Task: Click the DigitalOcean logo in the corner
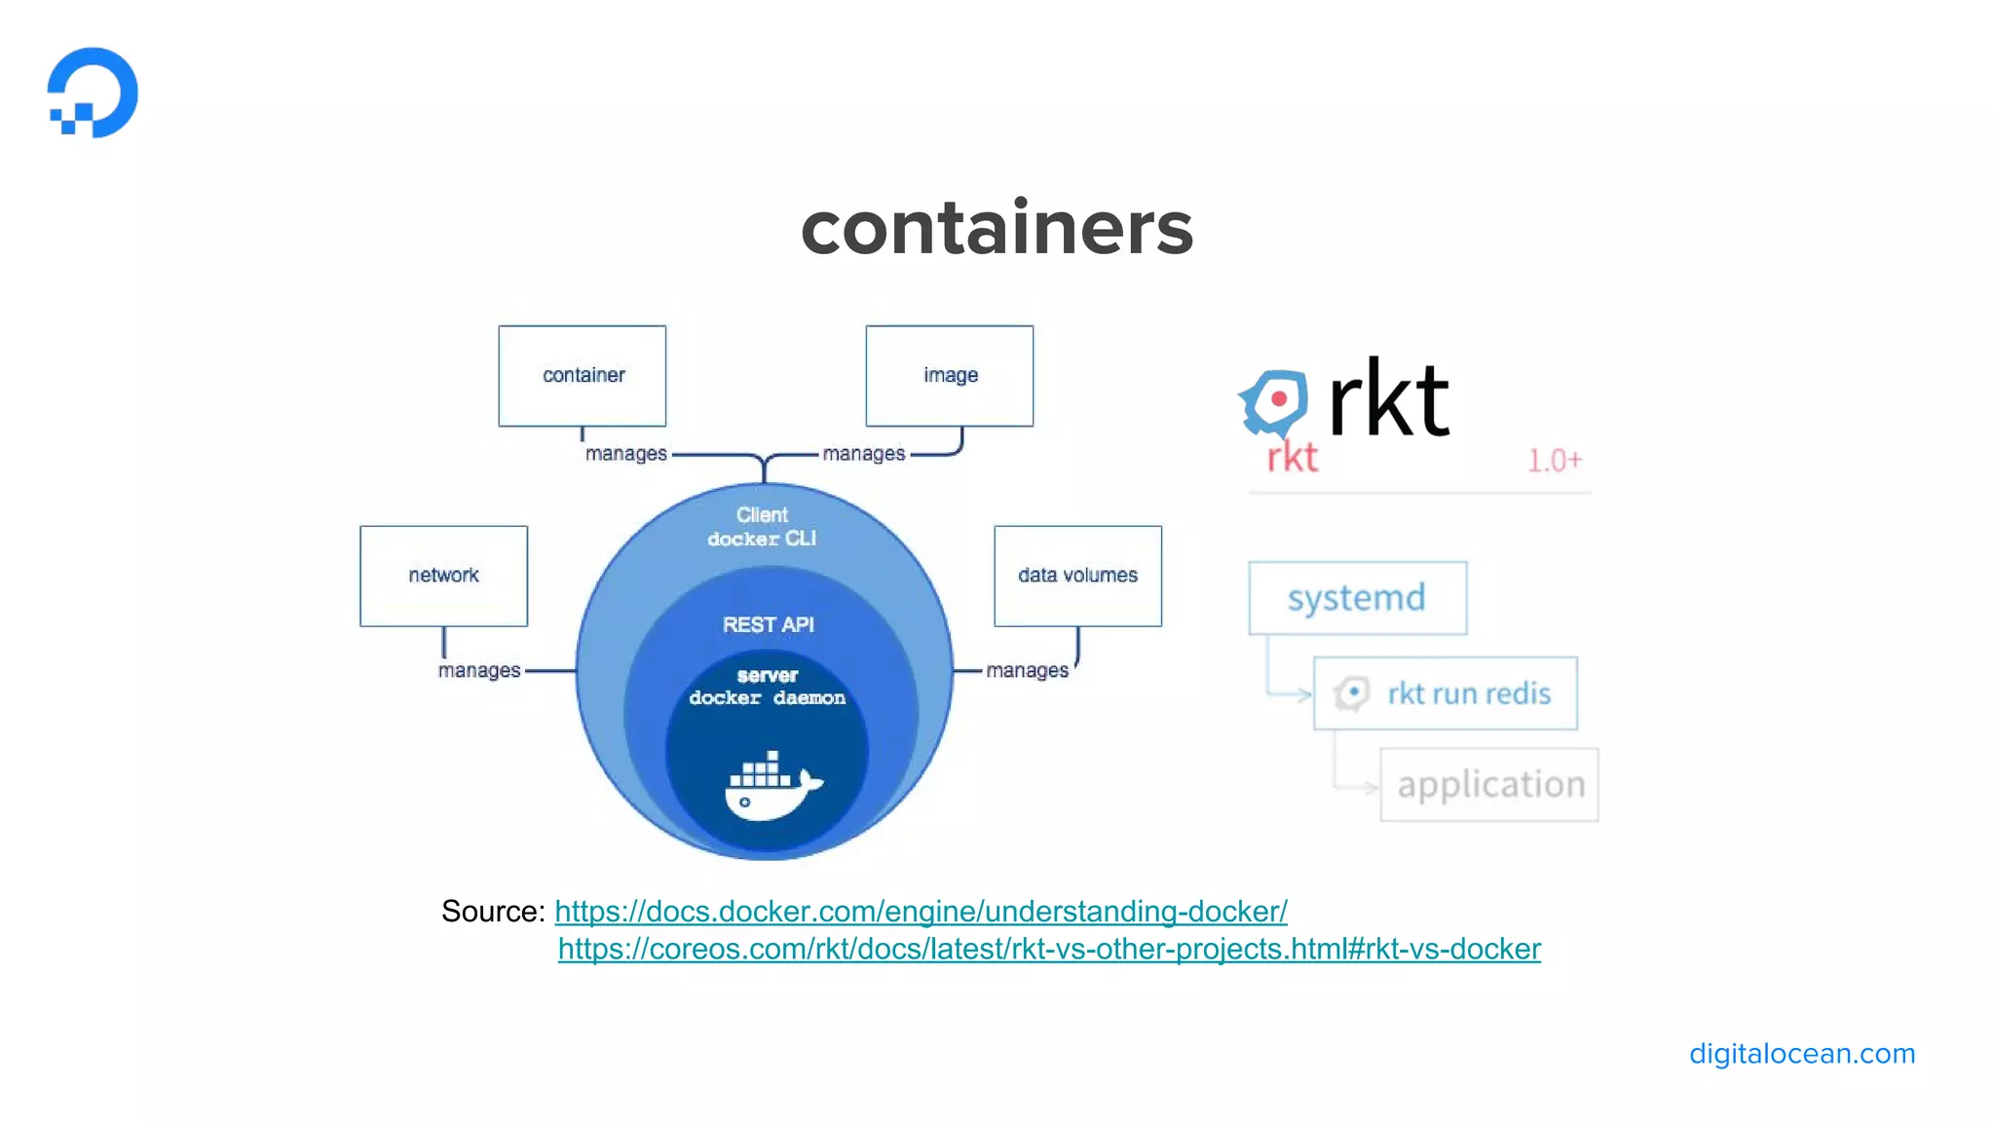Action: (x=93, y=93)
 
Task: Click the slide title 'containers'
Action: (x=997, y=229)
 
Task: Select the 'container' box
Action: (x=583, y=376)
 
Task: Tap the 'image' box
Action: (x=950, y=376)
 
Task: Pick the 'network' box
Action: (x=443, y=576)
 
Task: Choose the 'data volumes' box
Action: (x=1077, y=576)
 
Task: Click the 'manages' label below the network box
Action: (x=478, y=671)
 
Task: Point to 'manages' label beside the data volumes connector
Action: (x=1027, y=671)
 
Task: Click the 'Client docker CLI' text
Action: (x=762, y=527)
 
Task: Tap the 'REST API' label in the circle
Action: (x=768, y=625)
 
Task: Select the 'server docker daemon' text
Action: (x=767, y=687)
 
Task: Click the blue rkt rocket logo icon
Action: (x=1273, y=401)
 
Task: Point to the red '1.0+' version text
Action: (x=1554, y=461)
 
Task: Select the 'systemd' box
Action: (x=1357, y=598)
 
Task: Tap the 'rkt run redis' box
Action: (x=1446, y=693)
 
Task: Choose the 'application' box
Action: (x=1489, y=785)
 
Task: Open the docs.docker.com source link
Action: (x=921, y=912)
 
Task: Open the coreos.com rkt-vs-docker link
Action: (x=1049, y=950)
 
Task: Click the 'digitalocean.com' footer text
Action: (x=1801, y=1054)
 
